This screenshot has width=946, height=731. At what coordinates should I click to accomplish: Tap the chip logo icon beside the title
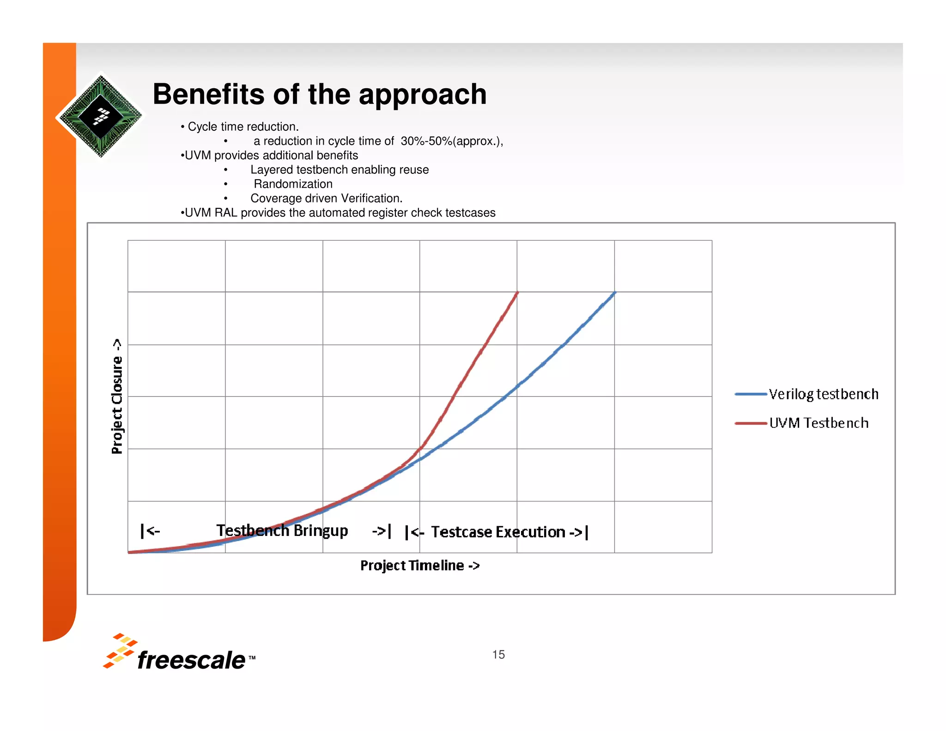(x=101, y=116)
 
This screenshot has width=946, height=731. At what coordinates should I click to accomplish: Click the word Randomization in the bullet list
(x=293, y=184)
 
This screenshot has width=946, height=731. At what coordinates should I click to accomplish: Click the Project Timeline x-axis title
(x=420, y=566)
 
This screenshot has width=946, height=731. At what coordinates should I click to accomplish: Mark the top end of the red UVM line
(x=517, y=292)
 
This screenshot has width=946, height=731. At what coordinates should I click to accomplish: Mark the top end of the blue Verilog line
(x=615, y=292)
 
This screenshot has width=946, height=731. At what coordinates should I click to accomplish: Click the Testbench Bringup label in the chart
(x=282, y=530)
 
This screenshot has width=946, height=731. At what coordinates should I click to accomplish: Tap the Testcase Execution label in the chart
(x=498, y=532)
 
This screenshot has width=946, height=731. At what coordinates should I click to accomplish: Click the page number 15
(x=498, y=654)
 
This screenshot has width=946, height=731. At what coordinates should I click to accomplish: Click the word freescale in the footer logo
(x=191, y=660)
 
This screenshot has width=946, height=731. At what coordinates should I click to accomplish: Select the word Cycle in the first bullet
(x=203, y=127)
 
